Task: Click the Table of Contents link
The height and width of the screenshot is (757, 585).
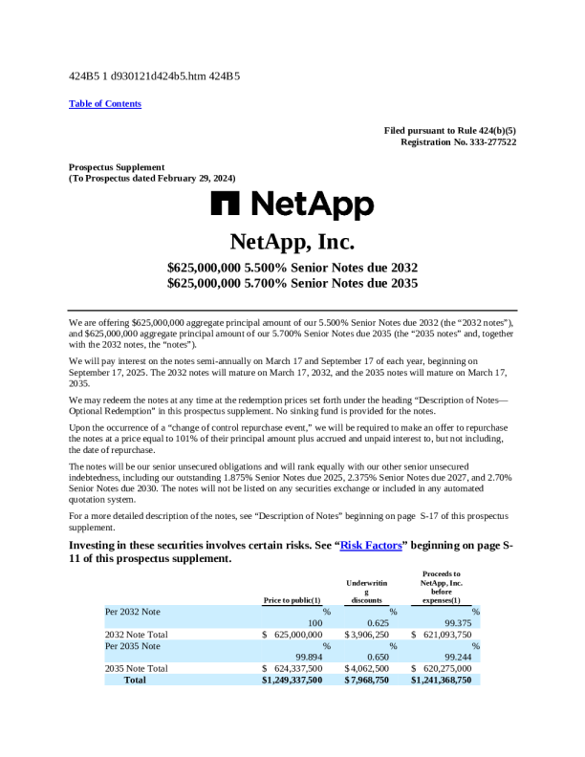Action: pyautogui.click(x=105, y=103)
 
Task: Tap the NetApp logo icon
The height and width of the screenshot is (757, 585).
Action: pyautogui.click(x=227, y=204)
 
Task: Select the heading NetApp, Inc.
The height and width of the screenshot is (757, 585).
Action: pyautogui.click(x=292, y=240)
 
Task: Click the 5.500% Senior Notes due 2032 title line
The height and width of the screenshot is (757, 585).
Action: pyautogui.click(x=292, y=268)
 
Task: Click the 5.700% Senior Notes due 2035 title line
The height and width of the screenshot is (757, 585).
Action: pyautogui.click(x=292, y=283)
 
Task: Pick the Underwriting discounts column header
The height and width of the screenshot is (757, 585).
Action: pyautogui.click(x=366, y=591)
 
